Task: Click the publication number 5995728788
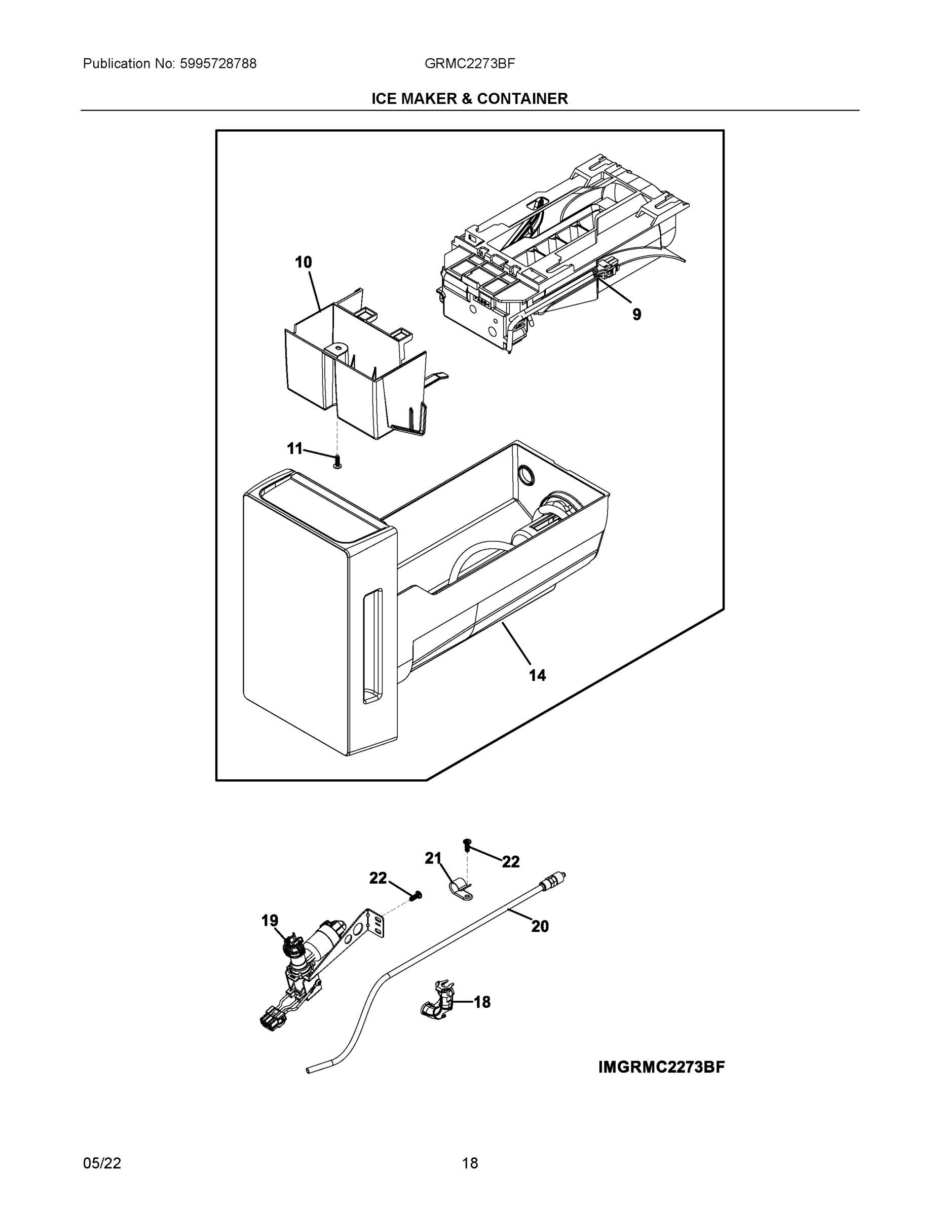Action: (x=218, y=64)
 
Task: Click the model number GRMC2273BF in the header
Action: (x=469, y=64)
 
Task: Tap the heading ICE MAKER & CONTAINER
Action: (x=469, y=99)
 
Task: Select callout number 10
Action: (x=303, y=262)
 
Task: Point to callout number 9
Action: (x=636, y=315)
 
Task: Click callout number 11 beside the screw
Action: (x=294, y=448)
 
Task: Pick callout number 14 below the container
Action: (x=537, y=675)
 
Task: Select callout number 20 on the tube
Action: (x=540, y=926)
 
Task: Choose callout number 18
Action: (x=482, y=1002)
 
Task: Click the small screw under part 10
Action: (x=336, y=462)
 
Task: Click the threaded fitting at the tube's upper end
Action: (x=553, y=882)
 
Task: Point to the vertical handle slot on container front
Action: (x=372, y=646)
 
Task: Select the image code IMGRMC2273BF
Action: (x=662, y=1068)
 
